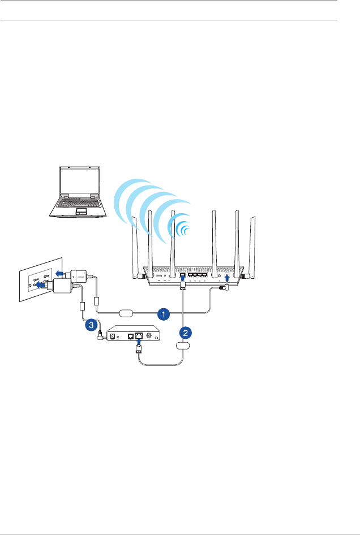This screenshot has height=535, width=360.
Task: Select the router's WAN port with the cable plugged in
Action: (x=182, y=278)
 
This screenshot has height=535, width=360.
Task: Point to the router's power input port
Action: (x=228, y=278)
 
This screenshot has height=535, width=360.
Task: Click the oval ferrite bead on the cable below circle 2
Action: (x=183, y=345)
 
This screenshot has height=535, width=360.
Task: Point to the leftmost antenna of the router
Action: (x=136, y=249)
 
